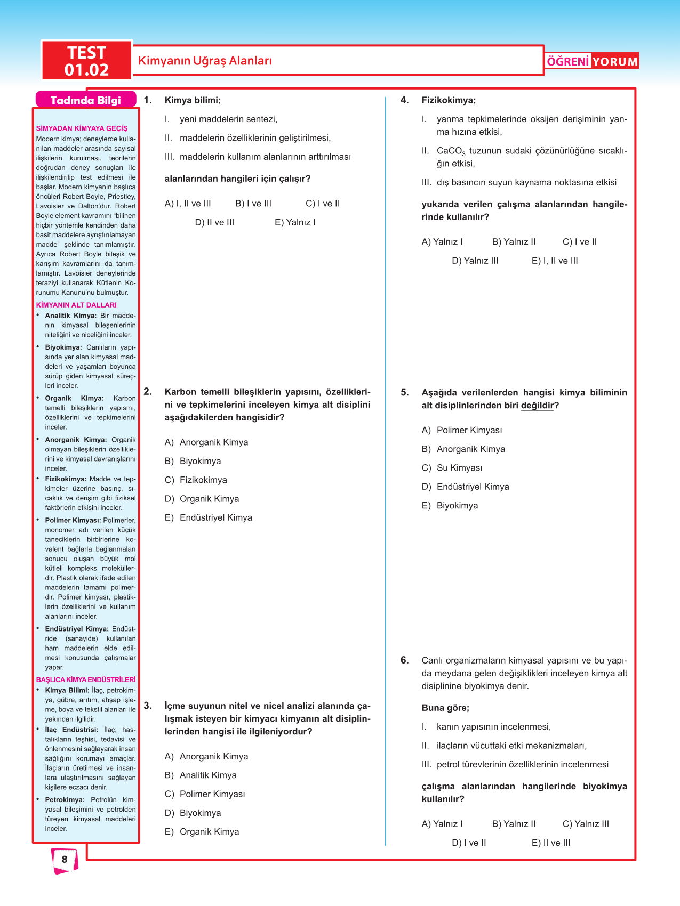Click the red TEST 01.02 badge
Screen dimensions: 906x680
tap(86, 61)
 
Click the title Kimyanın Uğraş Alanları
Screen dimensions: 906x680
tap(205, 61)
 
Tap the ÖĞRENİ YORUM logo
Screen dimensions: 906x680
tap(592, 61)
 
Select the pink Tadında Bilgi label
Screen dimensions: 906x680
tap(85, 100)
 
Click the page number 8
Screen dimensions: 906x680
tap(65, 859)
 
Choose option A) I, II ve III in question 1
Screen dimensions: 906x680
tap(188, 204)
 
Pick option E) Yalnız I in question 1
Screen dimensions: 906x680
tap(295, 222)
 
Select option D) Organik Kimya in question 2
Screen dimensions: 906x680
tap(202, 499)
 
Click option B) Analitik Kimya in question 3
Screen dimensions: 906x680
tap(201, 775)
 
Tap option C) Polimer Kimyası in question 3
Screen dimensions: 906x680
tap(205, 794)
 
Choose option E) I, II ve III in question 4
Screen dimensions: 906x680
tap(555, 261)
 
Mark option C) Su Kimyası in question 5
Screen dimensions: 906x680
tap(452, 468)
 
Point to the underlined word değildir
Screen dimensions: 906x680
tap(537, 406)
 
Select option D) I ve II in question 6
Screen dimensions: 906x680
tap(469, 843)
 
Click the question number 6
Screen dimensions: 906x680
tap(405, 660)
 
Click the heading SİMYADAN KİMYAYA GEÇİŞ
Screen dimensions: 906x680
tap(82, 128)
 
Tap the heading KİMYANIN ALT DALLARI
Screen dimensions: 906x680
tap(76, 305)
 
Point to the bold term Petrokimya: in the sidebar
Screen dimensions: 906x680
tap(65, 800)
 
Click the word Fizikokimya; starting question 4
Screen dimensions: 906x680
tap(449, 100)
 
